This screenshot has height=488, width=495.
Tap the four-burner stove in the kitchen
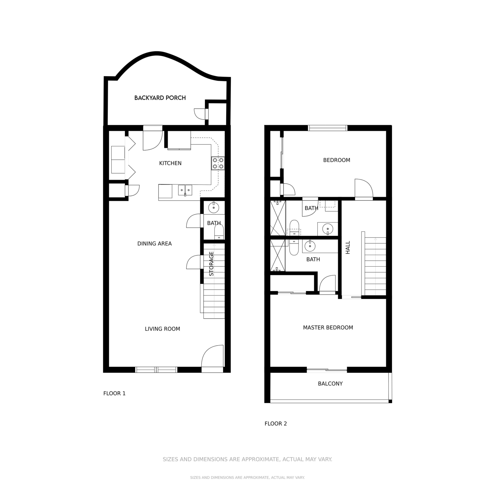tap(218, 163)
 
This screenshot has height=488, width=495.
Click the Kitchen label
tap(170, 163)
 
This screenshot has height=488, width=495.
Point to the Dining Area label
tap(154, 244)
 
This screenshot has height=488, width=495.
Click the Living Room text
tap(162, 329)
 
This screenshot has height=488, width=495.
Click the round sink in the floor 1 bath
tap(214, 208)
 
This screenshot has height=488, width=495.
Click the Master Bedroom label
tap(328, 328)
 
